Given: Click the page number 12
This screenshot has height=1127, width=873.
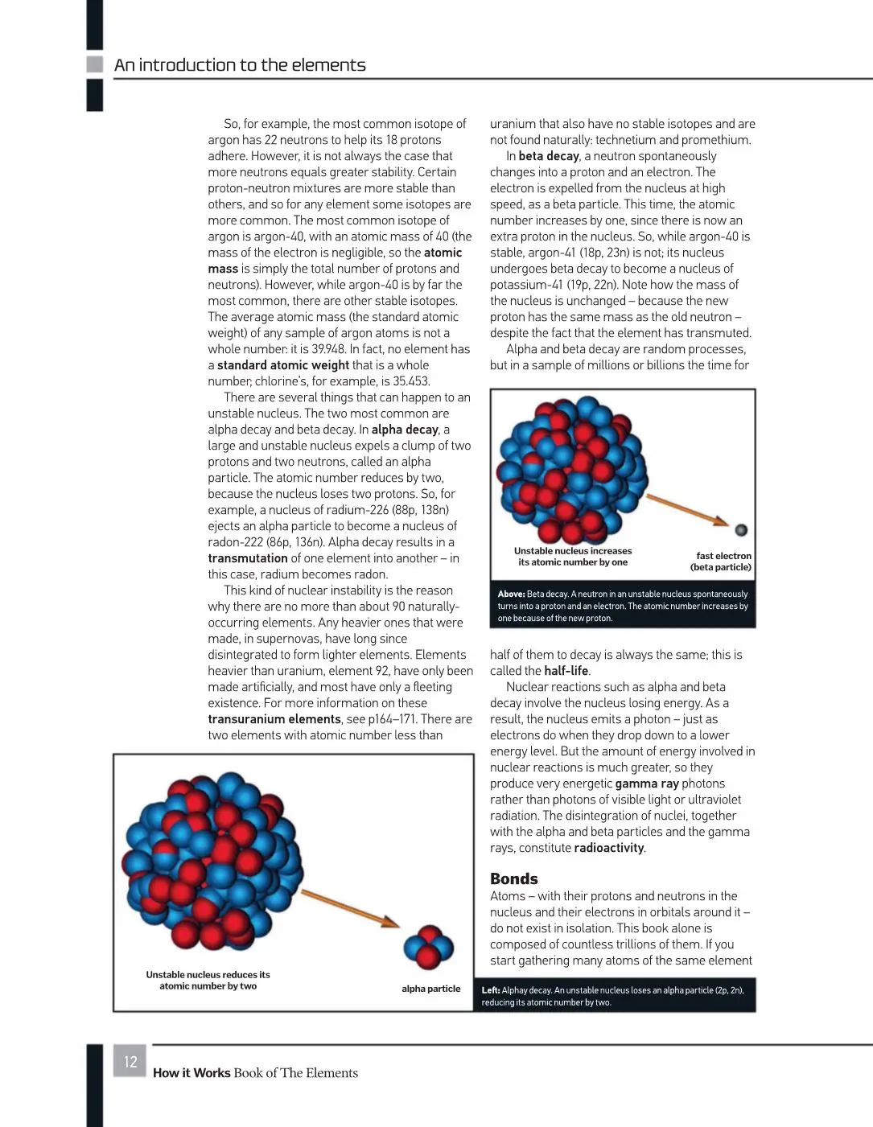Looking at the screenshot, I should tap(130, 1062).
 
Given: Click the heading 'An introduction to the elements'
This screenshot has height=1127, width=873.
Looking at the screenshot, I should tap(240, 65).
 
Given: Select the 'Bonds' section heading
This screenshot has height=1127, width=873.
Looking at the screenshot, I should tap(513, 878).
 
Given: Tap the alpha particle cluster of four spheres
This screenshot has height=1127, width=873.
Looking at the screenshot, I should tap(428, 947).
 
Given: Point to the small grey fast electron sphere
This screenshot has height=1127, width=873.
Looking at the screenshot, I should tap(741, 529).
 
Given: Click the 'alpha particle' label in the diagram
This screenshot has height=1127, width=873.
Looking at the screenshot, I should tap(430, 989).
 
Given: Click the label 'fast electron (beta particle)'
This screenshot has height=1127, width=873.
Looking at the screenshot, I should tap(721, 561).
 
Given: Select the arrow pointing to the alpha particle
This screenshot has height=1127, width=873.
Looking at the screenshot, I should tap(350, 907).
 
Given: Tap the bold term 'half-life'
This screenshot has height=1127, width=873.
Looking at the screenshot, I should tap(566, 671).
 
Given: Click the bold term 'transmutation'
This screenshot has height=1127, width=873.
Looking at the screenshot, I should tap(248, 558).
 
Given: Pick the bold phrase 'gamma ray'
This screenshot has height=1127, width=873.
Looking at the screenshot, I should tap(647, 784).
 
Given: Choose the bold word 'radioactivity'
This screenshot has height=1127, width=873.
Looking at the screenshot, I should tap(609, 848).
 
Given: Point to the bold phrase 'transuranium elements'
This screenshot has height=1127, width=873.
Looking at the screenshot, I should tap(274, 719).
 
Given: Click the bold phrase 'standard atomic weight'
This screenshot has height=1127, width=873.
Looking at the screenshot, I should tap(283, 365).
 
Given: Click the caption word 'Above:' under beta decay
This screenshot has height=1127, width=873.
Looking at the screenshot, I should tap(511, 594).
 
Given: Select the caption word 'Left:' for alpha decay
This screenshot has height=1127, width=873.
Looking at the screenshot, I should tap(491, 990).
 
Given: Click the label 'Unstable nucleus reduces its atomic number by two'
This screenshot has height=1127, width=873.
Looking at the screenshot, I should tap(208, 980).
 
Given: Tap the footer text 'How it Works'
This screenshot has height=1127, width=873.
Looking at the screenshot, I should tap(191, 1073).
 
